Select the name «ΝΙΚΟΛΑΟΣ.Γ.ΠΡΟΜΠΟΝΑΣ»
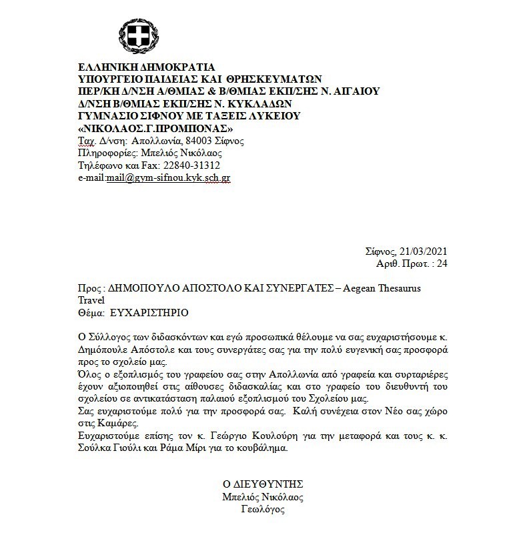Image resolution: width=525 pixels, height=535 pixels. pos(156,127)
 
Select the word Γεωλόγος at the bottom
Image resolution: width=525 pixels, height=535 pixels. pos(262,509)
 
